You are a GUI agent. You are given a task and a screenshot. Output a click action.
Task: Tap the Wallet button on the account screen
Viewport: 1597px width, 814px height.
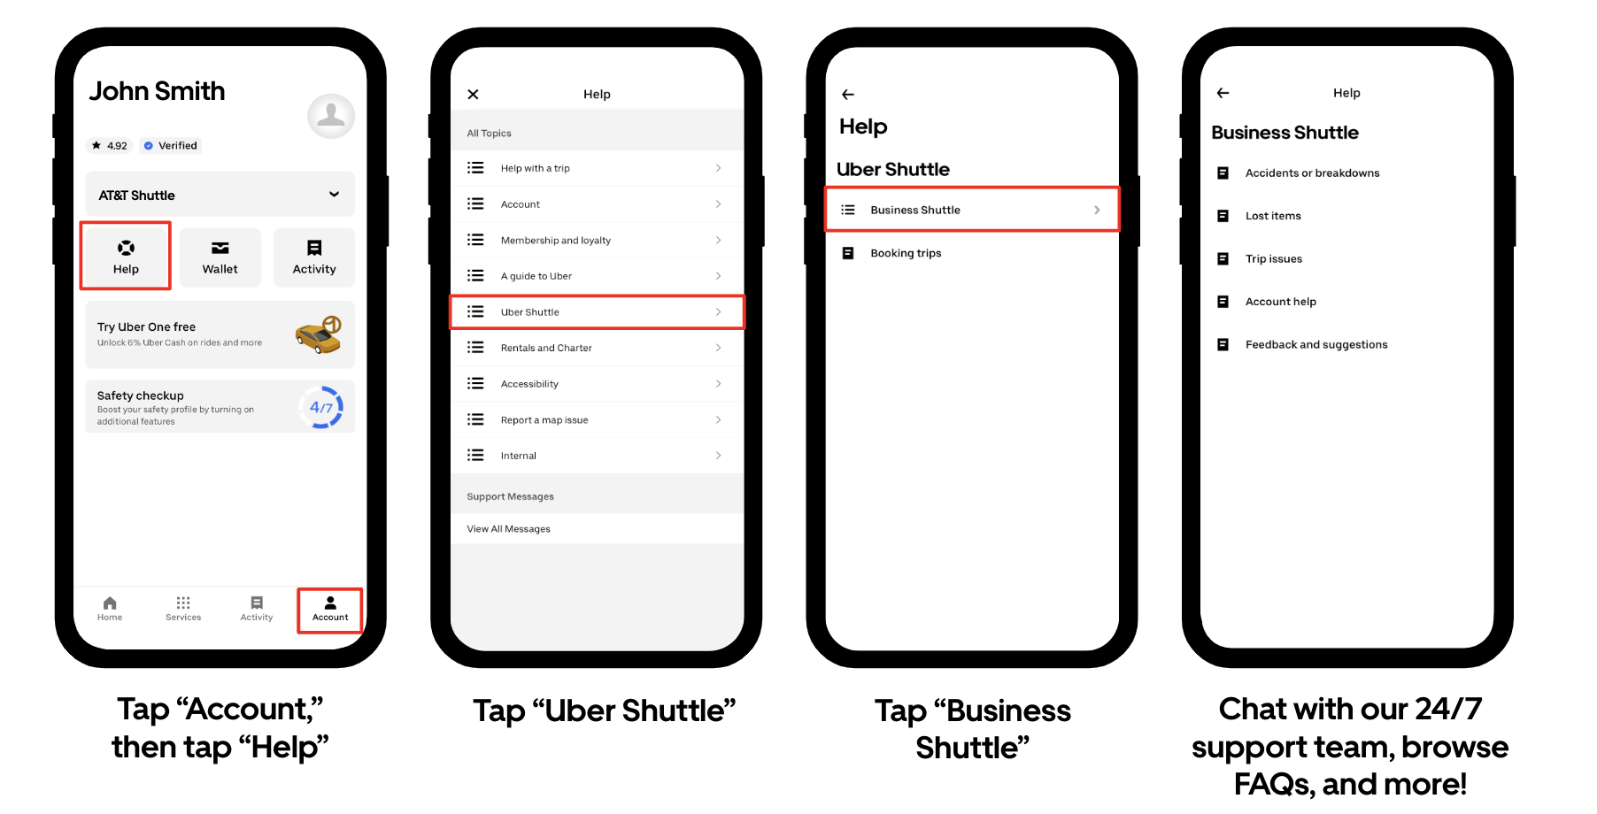tap(220, 257)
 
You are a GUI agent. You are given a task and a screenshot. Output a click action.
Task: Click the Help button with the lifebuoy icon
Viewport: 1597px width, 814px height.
tap(126, 257)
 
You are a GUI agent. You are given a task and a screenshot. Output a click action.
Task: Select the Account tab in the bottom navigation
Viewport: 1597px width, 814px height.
tap(330, 609)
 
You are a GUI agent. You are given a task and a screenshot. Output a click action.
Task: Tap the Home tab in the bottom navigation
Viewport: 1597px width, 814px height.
tap(110, 609)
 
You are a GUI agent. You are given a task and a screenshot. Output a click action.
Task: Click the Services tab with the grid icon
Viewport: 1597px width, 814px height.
tap(183, 609)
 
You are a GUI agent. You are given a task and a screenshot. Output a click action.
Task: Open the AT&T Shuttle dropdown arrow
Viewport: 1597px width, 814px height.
tap(335, 195)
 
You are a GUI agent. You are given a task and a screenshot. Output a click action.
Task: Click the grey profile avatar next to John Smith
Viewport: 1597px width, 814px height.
tap(331, 116)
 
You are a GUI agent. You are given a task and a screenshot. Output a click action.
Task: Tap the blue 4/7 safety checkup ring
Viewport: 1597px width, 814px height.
tap(321, 407)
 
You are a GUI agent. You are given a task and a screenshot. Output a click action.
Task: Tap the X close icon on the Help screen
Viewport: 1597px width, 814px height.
tap(474, 94)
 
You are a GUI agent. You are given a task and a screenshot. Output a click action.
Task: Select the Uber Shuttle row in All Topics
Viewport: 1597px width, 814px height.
tap(598, 312)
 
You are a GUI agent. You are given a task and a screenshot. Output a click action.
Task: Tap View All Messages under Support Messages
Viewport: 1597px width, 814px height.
tap(509, 529)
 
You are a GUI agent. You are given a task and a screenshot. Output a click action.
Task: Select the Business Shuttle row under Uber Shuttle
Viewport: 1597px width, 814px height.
tap(972, 210)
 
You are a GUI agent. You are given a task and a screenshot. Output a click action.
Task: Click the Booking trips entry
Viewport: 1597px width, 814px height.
tap(906, 253)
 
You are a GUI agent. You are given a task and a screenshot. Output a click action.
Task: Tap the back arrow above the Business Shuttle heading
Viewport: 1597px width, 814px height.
tap(1223, 93)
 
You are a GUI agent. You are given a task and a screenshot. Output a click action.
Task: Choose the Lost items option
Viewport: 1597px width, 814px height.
tap(1273, 216)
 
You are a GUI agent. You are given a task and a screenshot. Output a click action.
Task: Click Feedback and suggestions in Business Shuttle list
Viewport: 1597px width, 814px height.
tap(1316, 345)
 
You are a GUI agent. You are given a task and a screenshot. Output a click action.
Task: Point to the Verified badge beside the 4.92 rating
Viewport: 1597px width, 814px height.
tap(171, 146)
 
